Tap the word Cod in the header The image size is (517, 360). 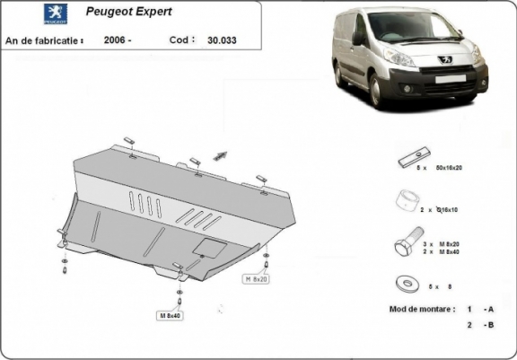(x=179, y=40)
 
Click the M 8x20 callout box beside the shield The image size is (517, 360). (x=257, y=280)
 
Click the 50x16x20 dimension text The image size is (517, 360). (x=460, y=168)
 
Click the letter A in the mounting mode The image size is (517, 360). (x=490, y=308)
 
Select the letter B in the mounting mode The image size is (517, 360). (x=490, y=325)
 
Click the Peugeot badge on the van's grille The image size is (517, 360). (x=444, y=59)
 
